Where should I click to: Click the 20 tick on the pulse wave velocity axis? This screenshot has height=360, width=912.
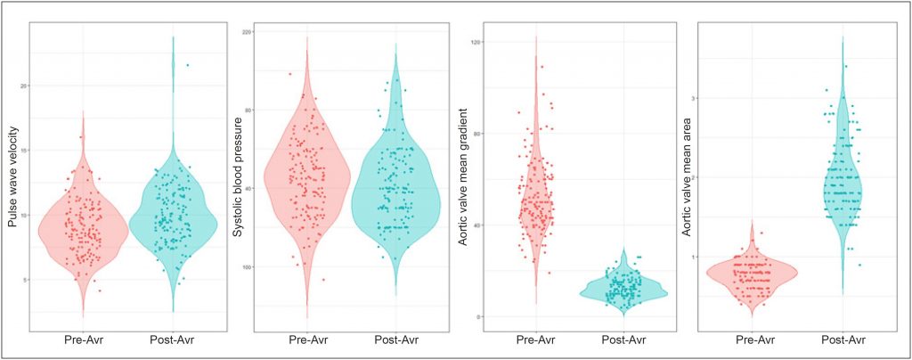(x=26, y=86)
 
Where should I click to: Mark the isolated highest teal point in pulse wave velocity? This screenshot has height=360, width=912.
(x=187, y=65)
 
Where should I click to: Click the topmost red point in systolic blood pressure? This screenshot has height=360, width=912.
(x=289, y=73)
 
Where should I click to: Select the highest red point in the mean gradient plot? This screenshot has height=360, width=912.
(x=541, y=67)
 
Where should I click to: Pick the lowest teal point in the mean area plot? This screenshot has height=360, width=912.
(x=859, y=265)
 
